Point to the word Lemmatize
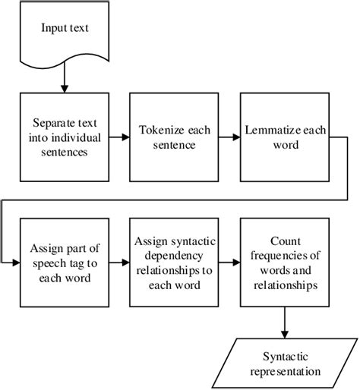[x=272, y=131]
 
